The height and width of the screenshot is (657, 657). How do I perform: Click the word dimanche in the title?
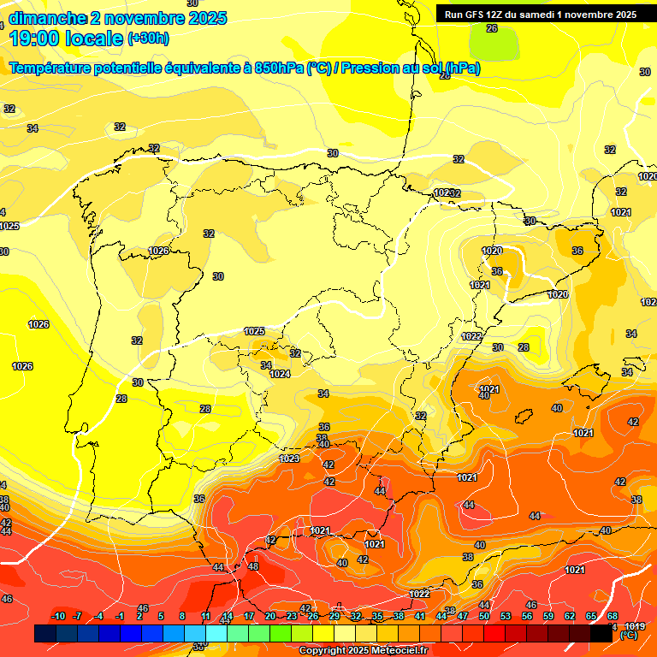(47, 18)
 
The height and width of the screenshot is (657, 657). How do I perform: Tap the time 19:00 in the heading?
(35, 38)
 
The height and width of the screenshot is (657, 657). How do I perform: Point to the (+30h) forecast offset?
(148, 38)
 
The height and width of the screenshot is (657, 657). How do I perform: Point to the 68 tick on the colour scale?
(613, 616)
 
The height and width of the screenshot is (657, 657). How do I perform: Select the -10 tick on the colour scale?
(59, 616)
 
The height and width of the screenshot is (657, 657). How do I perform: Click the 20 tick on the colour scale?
(270, 616)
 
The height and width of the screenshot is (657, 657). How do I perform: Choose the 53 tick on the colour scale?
(506, 616)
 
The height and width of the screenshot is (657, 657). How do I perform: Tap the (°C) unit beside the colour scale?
(629, 636)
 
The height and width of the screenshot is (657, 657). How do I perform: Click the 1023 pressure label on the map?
(289, 459)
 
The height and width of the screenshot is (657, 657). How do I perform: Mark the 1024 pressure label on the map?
(280, 374)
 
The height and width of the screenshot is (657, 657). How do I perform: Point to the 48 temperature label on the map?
(253, 566)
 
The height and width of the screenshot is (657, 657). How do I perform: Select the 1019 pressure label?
(636, 627)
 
